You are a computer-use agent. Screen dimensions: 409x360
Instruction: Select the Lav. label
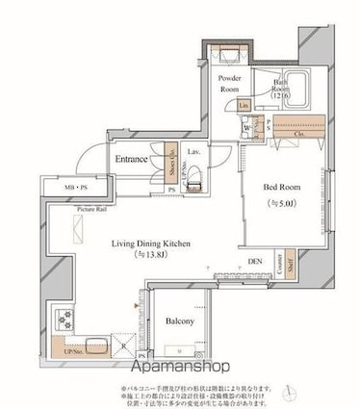[193, 152]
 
